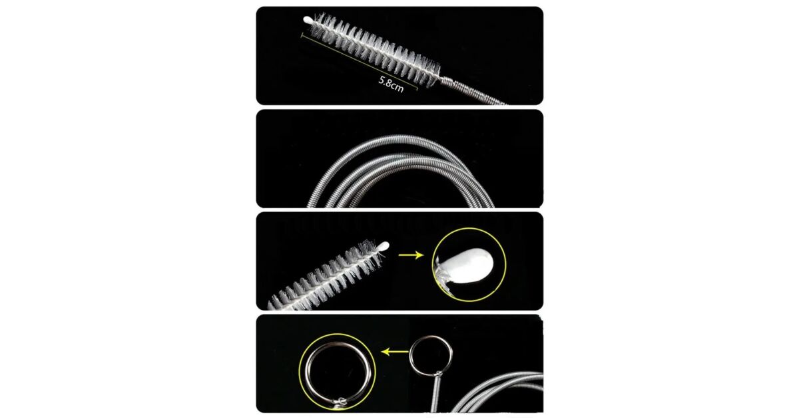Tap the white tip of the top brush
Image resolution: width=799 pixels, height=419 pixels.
(308, 21)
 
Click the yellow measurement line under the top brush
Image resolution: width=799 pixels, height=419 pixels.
(360, 62)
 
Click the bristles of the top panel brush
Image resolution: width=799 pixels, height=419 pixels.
(374, 50)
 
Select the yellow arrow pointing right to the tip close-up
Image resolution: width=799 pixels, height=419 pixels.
(411, 255)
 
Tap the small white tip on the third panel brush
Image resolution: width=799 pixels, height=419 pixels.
(385, 246)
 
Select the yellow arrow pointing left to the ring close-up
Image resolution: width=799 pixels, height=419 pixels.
(394, 352)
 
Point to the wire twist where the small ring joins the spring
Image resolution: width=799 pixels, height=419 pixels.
(438, 374)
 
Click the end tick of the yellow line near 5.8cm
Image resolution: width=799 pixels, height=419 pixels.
(417, 88)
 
